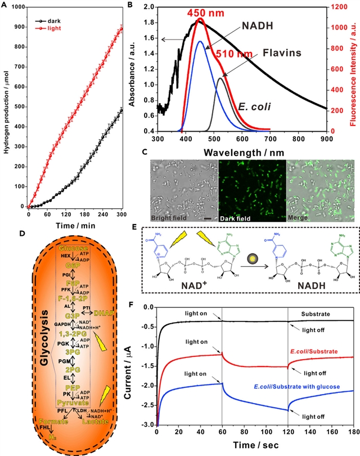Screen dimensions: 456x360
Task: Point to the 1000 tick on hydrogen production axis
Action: pyautogui.click(x=18, y=7)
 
